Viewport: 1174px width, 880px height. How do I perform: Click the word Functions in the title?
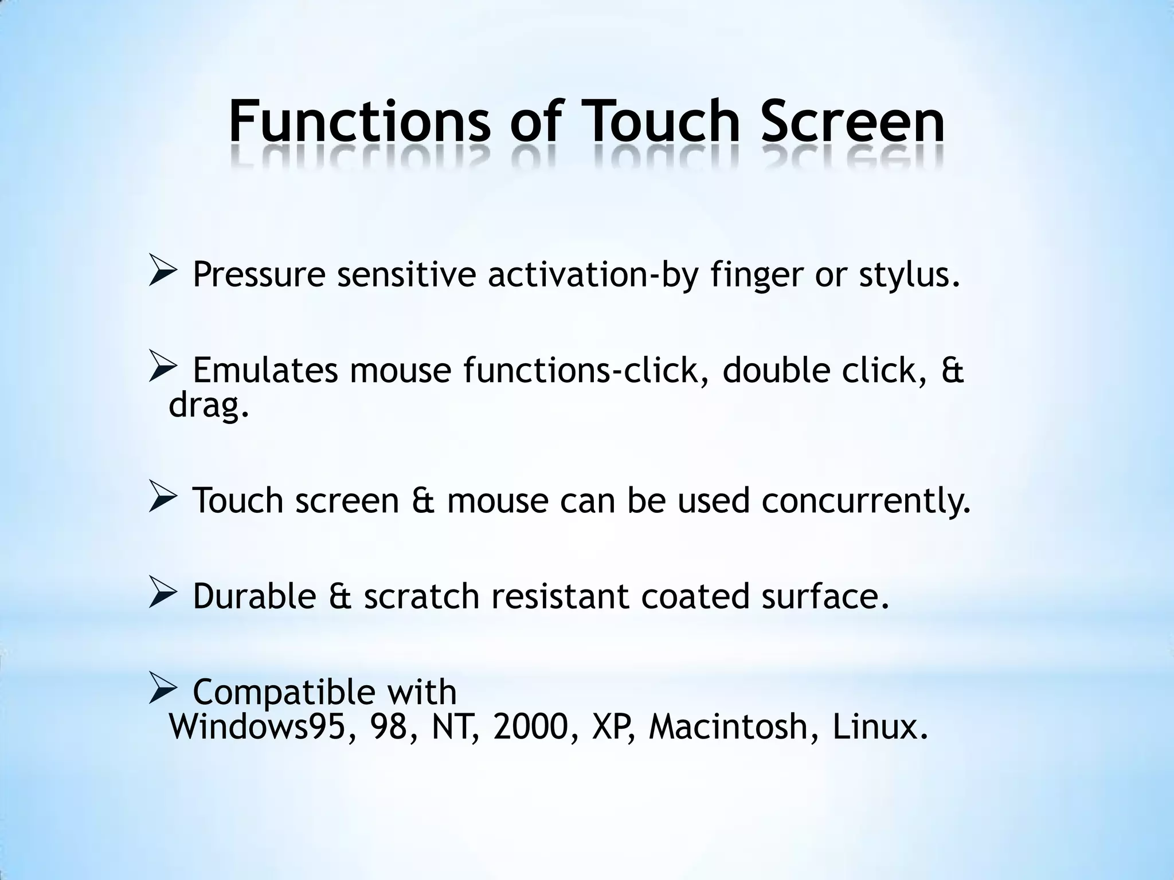coord(359,122)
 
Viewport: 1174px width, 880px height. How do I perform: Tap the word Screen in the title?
coord(852,122)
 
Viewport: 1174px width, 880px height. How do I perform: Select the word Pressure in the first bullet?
coord(259,275)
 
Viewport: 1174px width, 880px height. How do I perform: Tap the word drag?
coord(209,406)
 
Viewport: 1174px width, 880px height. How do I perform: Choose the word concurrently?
coord(866,501)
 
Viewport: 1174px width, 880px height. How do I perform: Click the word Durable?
coord(254,596)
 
